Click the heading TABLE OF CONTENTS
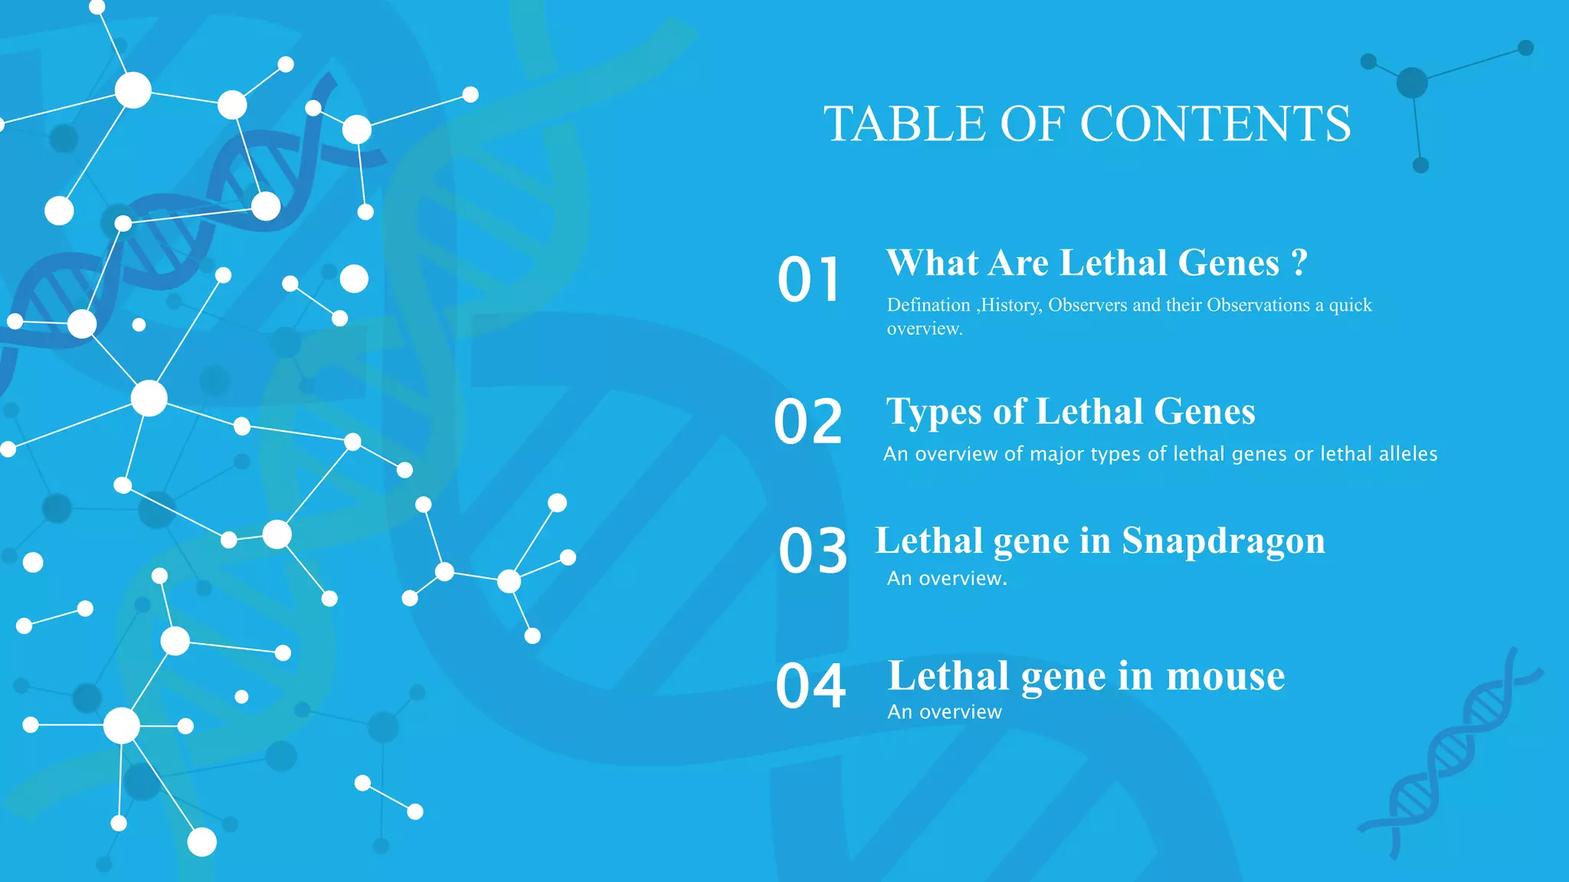(1087, 124)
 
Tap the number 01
(809, 280)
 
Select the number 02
(808, 422)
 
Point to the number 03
(813, 551)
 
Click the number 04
(811, 686)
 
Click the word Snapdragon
(1223, 541)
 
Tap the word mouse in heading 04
(1225, 676)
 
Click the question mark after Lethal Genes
(1299, 263)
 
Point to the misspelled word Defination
(929, 305)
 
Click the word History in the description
(1011, 305)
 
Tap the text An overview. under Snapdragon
(947, 579)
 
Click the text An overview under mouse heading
(944, 712)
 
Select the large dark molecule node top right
(1412, 83)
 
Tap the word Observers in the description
(1087, 305)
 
